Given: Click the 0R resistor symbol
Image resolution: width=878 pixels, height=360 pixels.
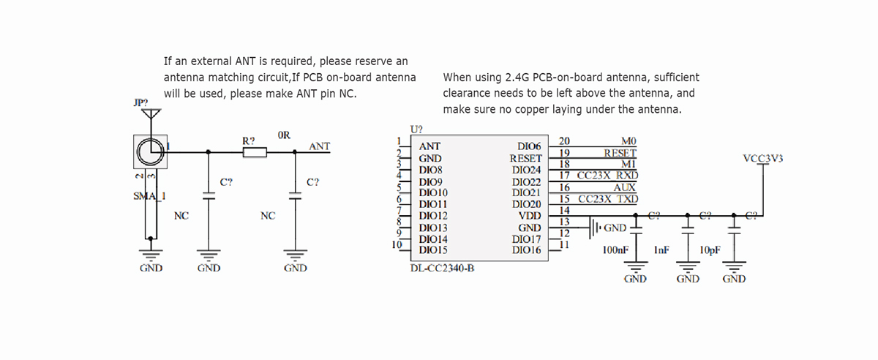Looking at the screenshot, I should (255, 152).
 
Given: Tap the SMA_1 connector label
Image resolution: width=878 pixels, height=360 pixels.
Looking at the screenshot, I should (149, 195).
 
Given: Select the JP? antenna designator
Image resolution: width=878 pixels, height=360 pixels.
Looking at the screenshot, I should (141, 103).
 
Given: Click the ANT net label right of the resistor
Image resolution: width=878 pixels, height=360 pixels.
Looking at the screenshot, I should (320, 146).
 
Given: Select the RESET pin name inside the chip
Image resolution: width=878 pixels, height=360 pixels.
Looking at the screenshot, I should (525, 158).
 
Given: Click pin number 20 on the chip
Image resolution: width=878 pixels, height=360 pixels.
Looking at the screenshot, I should (564, 140).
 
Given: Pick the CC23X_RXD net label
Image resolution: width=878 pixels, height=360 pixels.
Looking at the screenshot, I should (607, 176).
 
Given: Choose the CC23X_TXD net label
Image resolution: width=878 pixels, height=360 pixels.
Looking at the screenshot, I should (607, 199).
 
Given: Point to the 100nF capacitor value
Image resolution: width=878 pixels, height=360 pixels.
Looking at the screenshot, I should (615, 250).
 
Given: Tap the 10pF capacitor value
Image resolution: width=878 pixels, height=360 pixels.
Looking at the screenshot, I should (710, 250).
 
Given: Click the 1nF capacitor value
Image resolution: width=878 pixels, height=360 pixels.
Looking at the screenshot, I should (661, 250).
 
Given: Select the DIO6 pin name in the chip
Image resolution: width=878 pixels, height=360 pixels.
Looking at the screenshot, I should (528, 146).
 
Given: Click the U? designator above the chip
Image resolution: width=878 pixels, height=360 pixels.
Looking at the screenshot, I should (416, 129).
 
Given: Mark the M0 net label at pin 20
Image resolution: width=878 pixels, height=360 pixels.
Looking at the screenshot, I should (629, 140).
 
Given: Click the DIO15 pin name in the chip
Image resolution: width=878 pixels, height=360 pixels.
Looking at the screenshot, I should (434, 250).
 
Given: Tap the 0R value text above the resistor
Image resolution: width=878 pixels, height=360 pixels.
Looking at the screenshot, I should (285, 135).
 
